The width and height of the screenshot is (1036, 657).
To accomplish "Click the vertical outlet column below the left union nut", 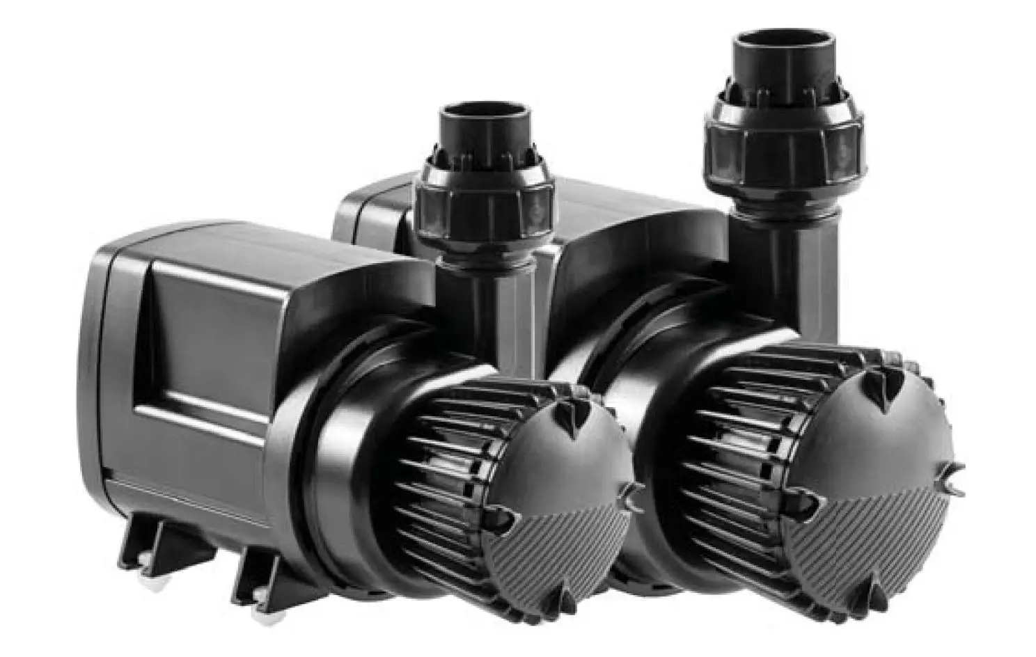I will point(480,306).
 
